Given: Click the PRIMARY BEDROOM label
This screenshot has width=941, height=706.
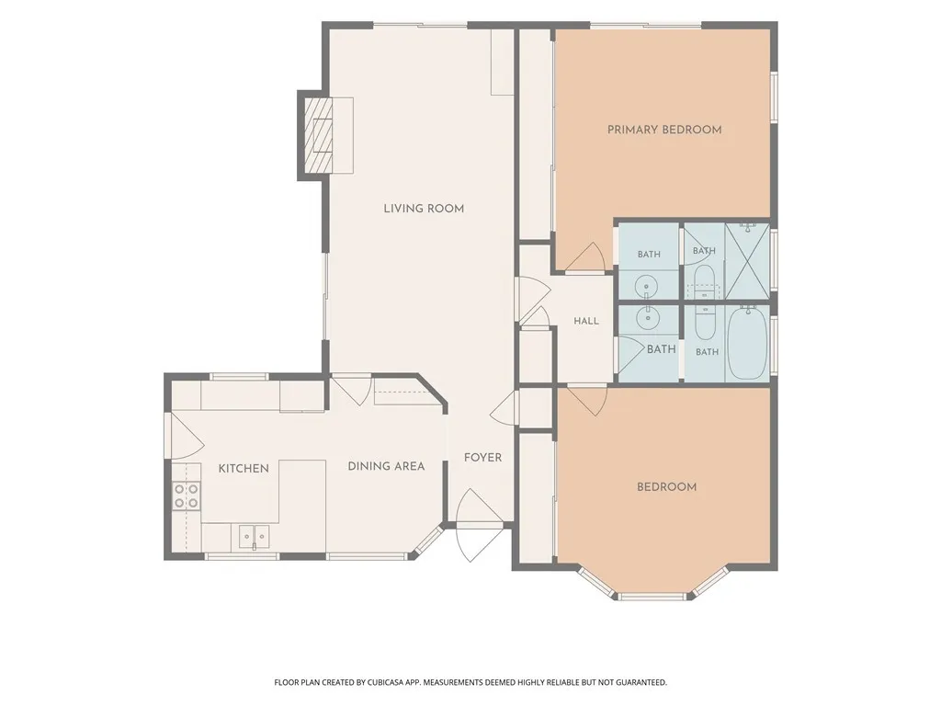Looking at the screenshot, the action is pyautogui.click(x=664, y=130).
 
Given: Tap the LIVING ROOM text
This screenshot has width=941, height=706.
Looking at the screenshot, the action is pyautogui.click(x=424, y=209).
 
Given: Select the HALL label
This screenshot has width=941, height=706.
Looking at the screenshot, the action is pyautogui.click(x=586, y=321).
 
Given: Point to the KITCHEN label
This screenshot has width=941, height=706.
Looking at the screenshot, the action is pyautogui.click(x=244, y=468).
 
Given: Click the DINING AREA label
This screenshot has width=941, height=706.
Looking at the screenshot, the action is pyautogui.click(x=387, y=466).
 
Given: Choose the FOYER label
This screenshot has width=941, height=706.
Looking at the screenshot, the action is pyautogui.click(x=483, y=458).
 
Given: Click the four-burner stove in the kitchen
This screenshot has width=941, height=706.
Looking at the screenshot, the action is pyautogui.click(x=186, y=495).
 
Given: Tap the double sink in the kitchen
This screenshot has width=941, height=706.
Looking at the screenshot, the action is pyautogui.click(x=255, y=536).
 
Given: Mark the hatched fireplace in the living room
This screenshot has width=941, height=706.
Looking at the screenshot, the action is pyautogui.click(x=318, y=136).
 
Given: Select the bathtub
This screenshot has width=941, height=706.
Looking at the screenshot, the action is pyautogui.click(x=747, y=342).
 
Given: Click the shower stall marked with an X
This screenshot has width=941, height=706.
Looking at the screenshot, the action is pyautogui.click(x=747, y=260).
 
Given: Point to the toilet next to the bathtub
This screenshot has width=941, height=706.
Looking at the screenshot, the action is pyautogui.click(x=705, y=323).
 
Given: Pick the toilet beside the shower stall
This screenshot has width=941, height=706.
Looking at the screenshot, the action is pyautogui.click(x=704, y=282).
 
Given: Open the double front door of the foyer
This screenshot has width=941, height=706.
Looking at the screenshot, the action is pyautogui.click(x=479, y=525).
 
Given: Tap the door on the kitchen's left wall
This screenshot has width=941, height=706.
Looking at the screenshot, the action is pyautogui.click(x=185, y=435).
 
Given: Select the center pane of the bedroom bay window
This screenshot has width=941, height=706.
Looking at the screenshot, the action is pyautogui.click(x=653, y=596).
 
